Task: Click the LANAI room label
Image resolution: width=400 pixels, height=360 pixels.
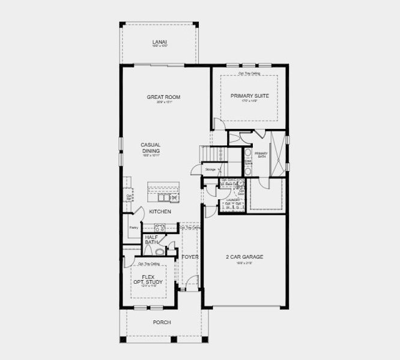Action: pos(159,41)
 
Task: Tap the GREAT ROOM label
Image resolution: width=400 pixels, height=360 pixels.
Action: pos(163,97)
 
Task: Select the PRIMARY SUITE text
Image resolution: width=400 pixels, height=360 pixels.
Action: pos(249,95)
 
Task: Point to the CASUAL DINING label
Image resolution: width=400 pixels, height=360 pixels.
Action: pos(151,148)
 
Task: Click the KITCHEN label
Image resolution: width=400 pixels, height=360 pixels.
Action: pos(160,212)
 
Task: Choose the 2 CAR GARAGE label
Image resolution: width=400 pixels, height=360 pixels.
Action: pos(244,257)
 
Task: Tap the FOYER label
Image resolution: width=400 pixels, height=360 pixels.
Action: pos(190,257)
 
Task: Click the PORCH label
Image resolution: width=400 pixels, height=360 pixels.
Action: pos(161,322)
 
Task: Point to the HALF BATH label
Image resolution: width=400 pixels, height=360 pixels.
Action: pos(151,239)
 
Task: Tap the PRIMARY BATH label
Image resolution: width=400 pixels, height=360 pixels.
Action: pos(261,154)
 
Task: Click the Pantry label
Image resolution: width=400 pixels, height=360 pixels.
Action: pos(133,227)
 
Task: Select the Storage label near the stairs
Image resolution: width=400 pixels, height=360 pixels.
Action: pos(210,170)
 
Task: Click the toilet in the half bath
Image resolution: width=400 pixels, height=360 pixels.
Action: pos(148,250)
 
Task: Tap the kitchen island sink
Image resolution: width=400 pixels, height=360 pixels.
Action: pos(173,197)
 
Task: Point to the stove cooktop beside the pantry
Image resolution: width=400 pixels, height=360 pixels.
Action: pos(160,227)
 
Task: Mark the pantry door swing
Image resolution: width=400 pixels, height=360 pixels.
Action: pos(138,212)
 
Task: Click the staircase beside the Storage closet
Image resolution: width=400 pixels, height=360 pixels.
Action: pos(214,154)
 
